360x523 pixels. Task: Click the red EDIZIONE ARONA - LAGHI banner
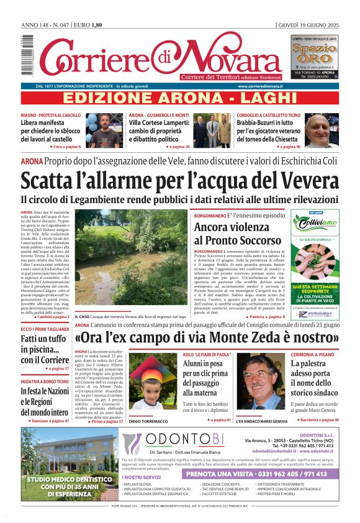click(x=180, y=98)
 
